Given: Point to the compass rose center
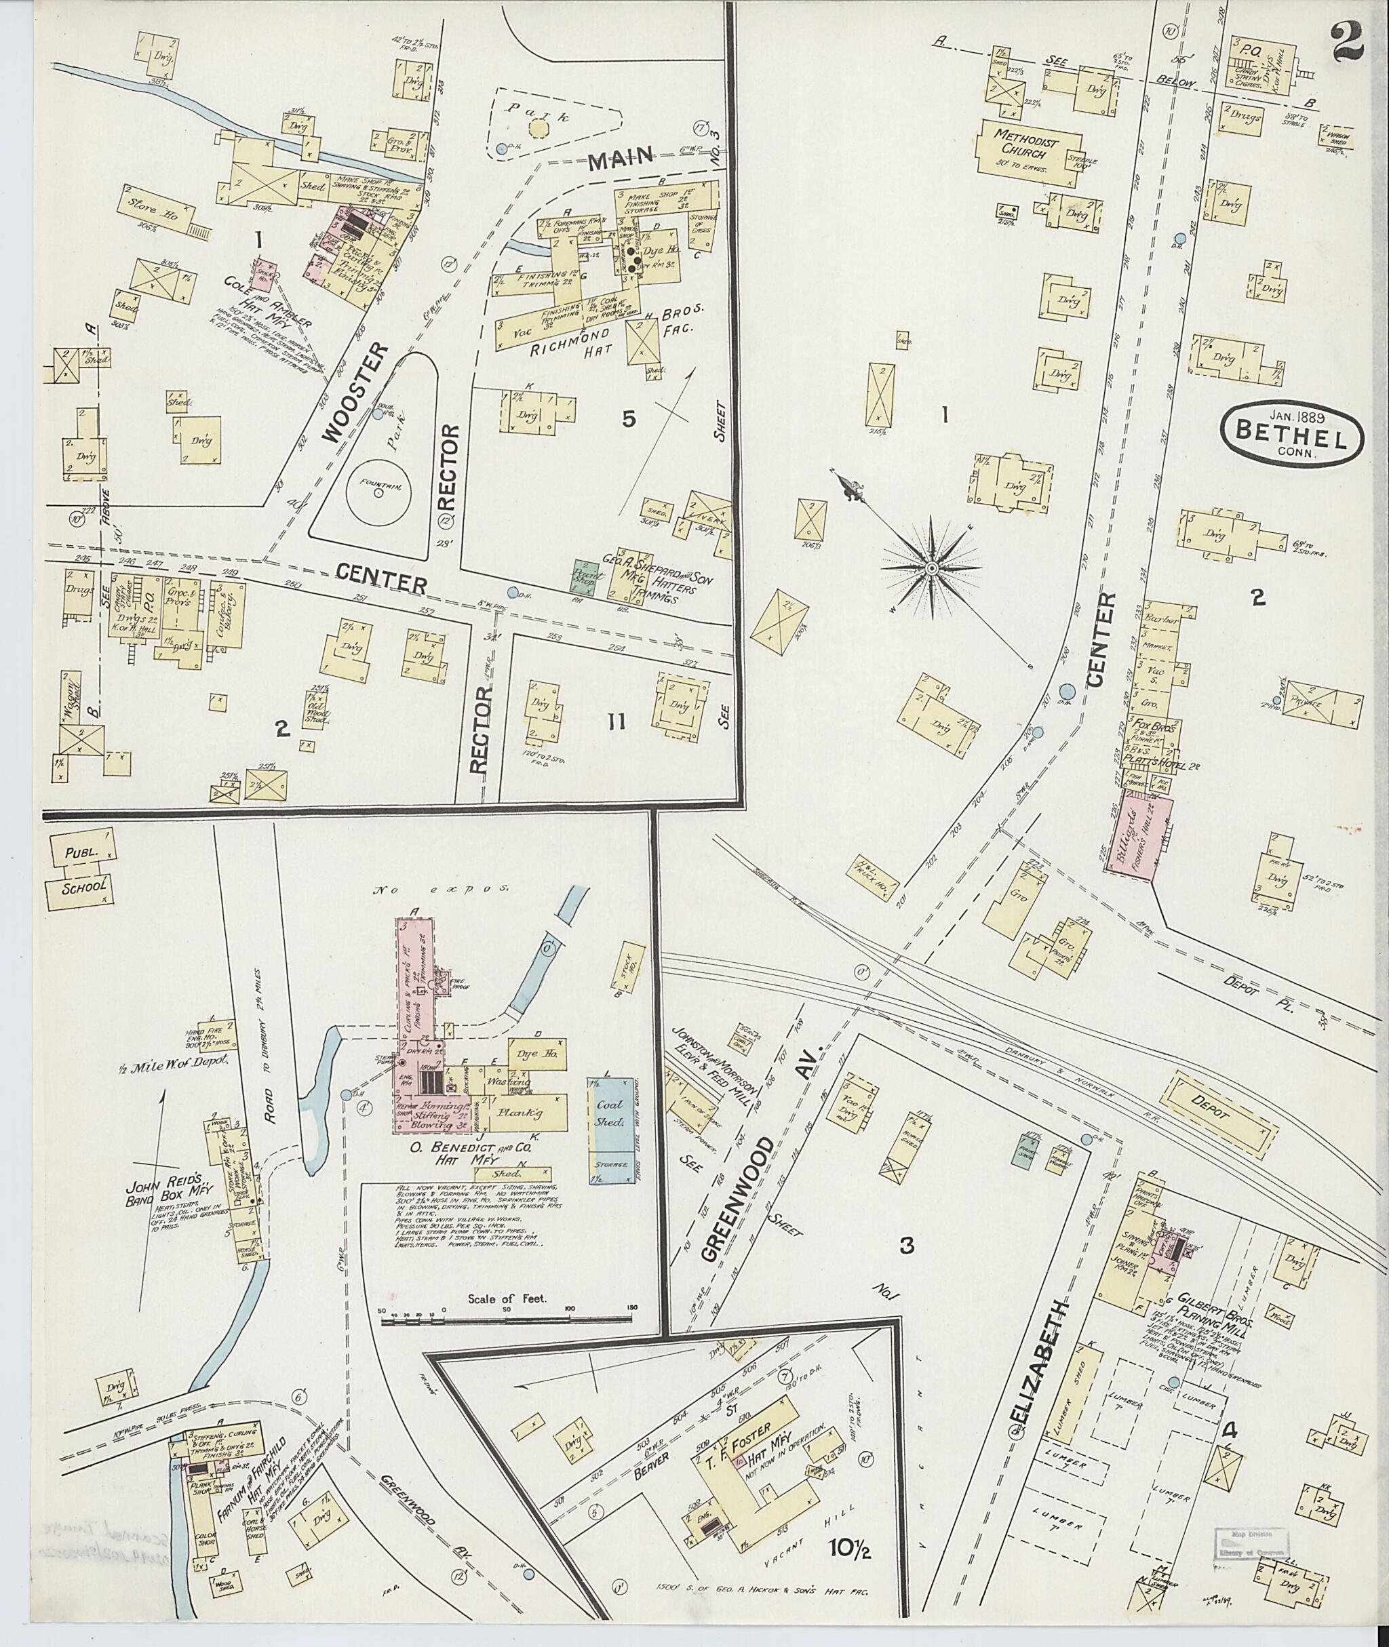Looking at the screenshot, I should (x=931, y=568).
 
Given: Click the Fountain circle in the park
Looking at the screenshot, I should (x=378, y=492).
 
